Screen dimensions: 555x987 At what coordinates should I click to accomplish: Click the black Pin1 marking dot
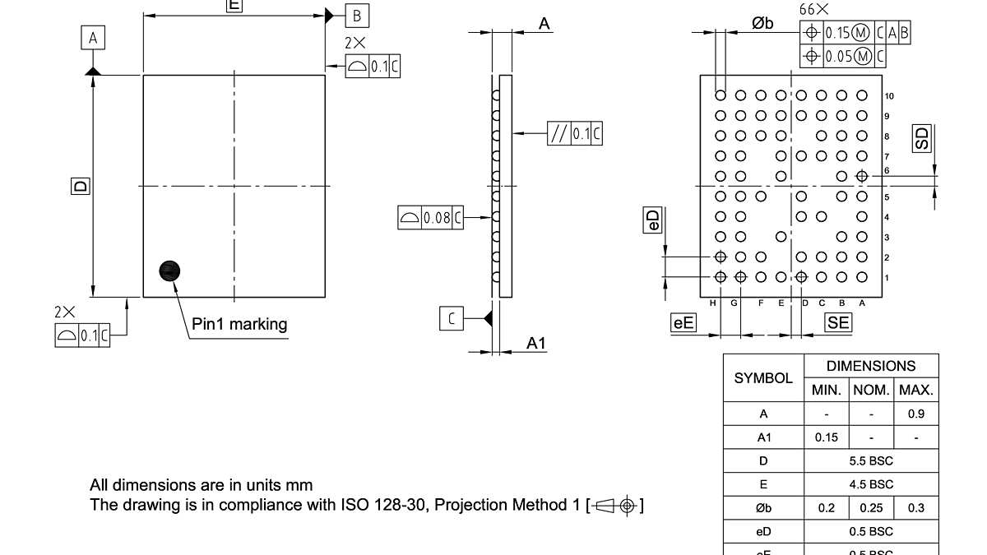169,271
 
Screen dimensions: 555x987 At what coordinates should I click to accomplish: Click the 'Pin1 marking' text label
239,324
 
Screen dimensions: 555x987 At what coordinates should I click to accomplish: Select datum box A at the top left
93,38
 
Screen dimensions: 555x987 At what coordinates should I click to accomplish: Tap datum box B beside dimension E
357,16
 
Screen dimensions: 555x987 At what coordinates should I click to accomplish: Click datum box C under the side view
452,318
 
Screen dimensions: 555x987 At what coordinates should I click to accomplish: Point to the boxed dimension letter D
80,186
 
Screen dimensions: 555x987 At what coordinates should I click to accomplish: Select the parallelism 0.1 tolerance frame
574,134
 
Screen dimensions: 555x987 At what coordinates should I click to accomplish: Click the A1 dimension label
536,344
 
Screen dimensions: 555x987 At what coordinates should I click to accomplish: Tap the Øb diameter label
762,24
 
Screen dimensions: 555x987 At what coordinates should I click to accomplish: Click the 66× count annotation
813,10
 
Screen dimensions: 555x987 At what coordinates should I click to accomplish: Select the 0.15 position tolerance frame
855,33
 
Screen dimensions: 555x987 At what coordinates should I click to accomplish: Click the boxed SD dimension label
923,138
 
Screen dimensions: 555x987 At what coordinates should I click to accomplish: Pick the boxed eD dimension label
651,220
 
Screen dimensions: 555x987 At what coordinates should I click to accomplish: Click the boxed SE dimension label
838,323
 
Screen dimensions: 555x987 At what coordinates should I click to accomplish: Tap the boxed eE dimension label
683,323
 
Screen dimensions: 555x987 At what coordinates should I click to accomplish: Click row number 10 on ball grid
889,96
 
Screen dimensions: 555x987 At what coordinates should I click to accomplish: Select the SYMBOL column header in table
763,378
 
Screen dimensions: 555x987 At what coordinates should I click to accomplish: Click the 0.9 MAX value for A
916,414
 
